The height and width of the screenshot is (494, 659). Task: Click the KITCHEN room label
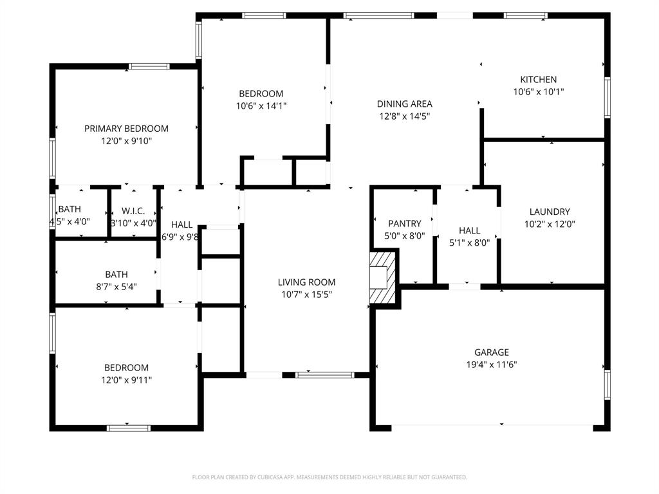[x=539, y=79]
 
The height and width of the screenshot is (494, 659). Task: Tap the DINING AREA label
[x=404, y=104]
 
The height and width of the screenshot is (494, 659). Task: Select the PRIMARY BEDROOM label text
[x=126, y=129]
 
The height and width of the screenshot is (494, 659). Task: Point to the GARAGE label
[x=491, y=352]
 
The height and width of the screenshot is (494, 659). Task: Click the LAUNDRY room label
[x=550, y=212]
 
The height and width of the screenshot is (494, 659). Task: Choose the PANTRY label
[x=404, y=223]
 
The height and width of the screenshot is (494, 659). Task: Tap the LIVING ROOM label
[x=306, y=282]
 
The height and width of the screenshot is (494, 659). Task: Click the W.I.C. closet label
[x=133, y=211]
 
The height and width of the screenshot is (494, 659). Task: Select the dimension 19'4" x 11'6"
[x=491, y=365]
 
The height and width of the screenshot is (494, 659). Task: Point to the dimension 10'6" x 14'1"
[x=261, y=106]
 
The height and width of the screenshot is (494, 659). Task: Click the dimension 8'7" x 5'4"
[x=116, y=287]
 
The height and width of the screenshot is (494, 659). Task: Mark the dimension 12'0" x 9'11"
[x=126, y=380]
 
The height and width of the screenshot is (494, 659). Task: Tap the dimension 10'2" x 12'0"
[x=550, y=224]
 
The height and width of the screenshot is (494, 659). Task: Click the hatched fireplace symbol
[x=382, y=277]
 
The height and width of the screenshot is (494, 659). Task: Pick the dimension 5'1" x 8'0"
[x=469, y=242]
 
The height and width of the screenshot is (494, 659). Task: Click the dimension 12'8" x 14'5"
[x=404, y=116]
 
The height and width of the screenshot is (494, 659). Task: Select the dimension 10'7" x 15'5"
[x=306, y=295]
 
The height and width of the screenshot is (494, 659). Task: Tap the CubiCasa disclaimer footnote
[x=329, y=477]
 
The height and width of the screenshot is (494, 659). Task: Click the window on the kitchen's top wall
[x=526, y=16]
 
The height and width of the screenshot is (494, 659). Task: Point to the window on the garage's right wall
[x=607, y=385]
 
